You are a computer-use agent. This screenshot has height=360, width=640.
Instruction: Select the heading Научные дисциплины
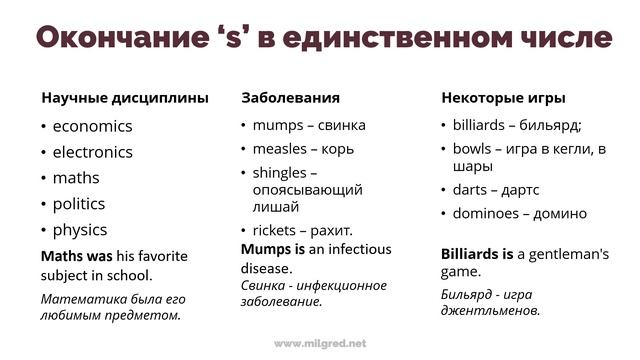click(125, 98)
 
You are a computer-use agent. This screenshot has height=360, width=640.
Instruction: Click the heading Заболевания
click(290, 98)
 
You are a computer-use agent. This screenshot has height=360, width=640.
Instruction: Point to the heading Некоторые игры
click(503, 98)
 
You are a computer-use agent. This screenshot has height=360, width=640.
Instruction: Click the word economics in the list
click(92, 126)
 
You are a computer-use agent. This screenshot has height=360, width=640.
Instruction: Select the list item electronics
click(92, 152)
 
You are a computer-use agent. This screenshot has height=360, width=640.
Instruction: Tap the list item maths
click(76, 178)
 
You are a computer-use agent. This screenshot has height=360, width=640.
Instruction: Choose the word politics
click(79, 203)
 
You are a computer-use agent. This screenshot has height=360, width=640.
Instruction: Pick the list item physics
click(80, 229)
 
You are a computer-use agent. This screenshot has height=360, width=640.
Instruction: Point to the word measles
click(279, 149)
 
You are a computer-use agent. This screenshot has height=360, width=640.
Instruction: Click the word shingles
click(280, 172)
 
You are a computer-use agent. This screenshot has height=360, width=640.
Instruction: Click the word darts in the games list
click(470, 189)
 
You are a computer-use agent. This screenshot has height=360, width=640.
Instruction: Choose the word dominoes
click(486, 213)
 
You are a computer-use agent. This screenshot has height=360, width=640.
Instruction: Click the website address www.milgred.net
click(320, 343)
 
